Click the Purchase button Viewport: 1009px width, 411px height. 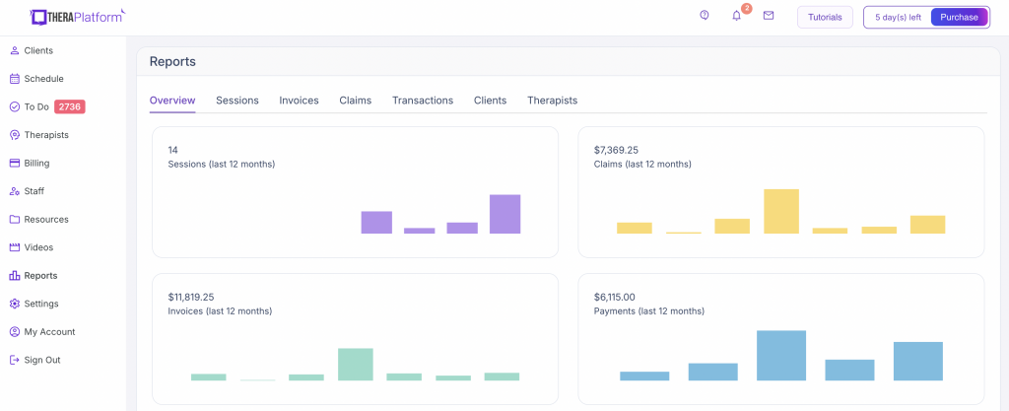pos(959,17)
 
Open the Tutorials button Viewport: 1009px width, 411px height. pos(825,17)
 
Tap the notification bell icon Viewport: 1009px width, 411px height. pos(736,16)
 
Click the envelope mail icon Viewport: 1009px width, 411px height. pos(769,16)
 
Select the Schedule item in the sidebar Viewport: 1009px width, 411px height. pos(43,79)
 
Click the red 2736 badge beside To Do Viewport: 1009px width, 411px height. pos(69,106)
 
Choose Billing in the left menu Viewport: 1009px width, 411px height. pos(36,163)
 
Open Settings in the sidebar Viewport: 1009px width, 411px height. pos(40,304)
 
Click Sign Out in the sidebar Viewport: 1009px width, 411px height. pos(41,360)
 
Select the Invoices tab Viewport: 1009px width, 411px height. pos(299,101)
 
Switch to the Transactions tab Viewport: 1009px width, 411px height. pos(423,101)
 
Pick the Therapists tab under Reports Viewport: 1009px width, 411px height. pos(552,101)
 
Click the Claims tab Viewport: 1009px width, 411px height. pos(355,101)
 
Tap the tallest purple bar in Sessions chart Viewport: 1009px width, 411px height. pos(504,214)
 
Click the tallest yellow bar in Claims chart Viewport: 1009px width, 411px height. pos(781,211)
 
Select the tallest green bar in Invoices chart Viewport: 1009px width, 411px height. pos(355,364)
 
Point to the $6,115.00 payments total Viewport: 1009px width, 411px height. pos(615,297)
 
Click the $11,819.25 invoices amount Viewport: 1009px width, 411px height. pos(191,297)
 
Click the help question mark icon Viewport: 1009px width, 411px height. pos(705,16)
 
